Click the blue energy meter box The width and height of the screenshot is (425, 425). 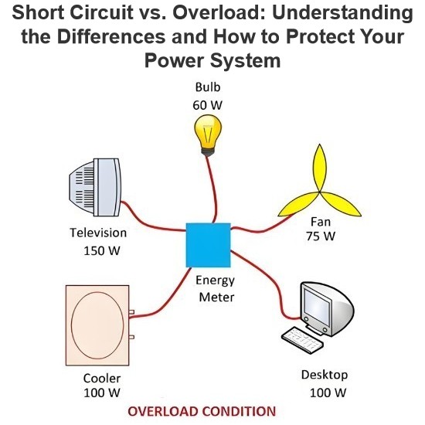click(208, 245)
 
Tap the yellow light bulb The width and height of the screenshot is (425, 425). click(208, 135)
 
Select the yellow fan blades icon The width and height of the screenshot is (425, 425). click(319, 187)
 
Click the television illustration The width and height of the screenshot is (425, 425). click(94, 187)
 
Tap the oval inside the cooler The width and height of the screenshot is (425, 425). click(97, 325)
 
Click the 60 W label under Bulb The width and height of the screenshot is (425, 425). click(208, 105)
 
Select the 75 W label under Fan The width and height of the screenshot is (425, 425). click(321, 236)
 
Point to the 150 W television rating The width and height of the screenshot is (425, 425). click(102, 250)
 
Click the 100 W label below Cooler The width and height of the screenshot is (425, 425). click(102, 393)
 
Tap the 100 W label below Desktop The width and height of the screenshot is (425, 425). click(328, 393)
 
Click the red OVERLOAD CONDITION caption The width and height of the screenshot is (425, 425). click(202, 411)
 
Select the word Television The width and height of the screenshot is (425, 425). click(98, 233)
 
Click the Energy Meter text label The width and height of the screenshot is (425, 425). click(216, 289)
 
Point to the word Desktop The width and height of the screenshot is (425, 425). click(325, 375)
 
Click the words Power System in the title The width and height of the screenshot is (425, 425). click(212, 60)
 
